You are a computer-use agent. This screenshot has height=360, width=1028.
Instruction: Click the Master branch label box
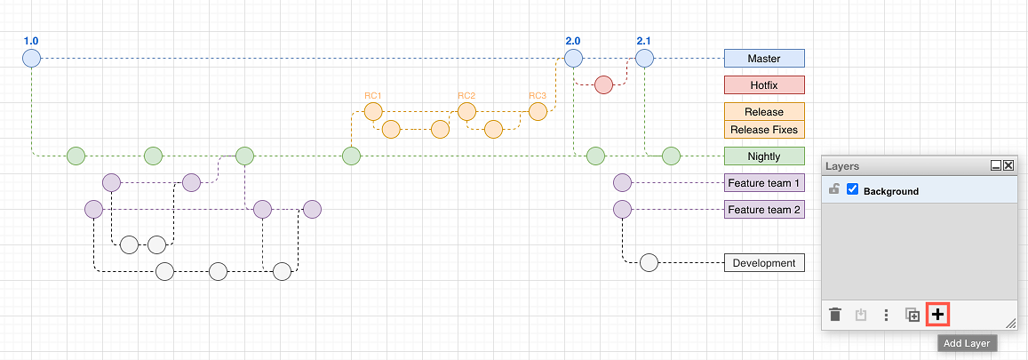pyautogui.click(x=764, y=59)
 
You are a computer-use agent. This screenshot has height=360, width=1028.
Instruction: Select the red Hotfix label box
pyautogui.click(x=764, y=84)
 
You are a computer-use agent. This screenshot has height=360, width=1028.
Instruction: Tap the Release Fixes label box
pyautogui.click(x=764, y=130)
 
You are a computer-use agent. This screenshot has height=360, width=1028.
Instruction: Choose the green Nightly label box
pyautogui.click(x=764, y=156)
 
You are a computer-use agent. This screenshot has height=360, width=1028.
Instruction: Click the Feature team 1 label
pyautogui.click(x=764, y=183)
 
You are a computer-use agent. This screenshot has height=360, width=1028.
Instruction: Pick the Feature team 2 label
pyautogui.click(x=764, y=210)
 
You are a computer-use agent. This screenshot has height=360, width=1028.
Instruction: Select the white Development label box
pyautogui.click(x=764, y=263)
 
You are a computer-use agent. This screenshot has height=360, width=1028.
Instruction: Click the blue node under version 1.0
pyautogui.click(x=31, y=59)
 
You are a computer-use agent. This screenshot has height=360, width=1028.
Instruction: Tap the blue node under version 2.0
pyautogui.click(x=574, y=59)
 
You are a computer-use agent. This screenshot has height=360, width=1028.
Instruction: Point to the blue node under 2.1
pyautogui.click(x=644, y=59)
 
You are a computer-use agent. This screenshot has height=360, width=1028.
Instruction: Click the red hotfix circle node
pyautogui.click(x=604, y=84)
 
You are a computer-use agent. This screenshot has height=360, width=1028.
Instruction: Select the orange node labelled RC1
pyautogui.click(x=373, y=111)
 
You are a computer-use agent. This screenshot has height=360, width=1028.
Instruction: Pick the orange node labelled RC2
pyautogui.click(x=466, y=111)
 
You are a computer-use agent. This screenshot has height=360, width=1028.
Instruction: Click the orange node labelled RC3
pyautogui.click(x=538, y=111)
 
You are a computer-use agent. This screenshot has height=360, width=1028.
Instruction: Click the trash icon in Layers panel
pyautogui.click(x=835, y=315)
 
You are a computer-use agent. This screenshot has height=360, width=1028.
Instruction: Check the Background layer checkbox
pyautogui.click(x=853, y=189)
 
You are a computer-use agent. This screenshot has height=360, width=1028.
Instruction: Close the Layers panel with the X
pyautogui.click(x=1008, y=166)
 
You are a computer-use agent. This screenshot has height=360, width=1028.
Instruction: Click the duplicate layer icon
pyautogui.click(x=912, y=315)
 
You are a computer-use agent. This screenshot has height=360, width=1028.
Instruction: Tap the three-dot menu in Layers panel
pyautogui.click(x=887, y=316)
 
